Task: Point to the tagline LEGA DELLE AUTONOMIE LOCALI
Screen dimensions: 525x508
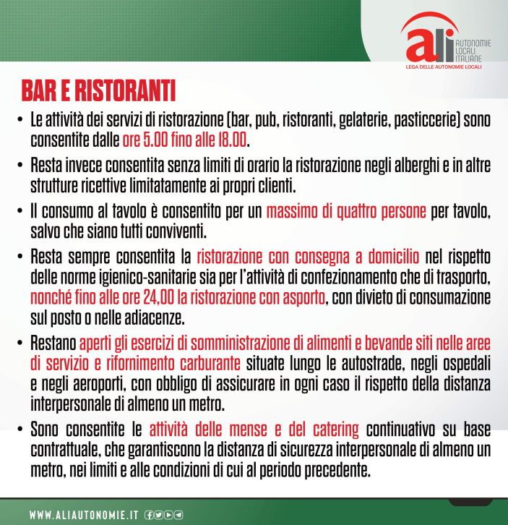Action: coord(444,67)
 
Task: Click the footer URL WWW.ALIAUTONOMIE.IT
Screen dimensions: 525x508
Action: coord(84,515)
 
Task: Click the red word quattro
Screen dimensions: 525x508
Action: coord(348,213)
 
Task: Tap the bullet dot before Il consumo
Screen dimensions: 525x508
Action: coord(20,213)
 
